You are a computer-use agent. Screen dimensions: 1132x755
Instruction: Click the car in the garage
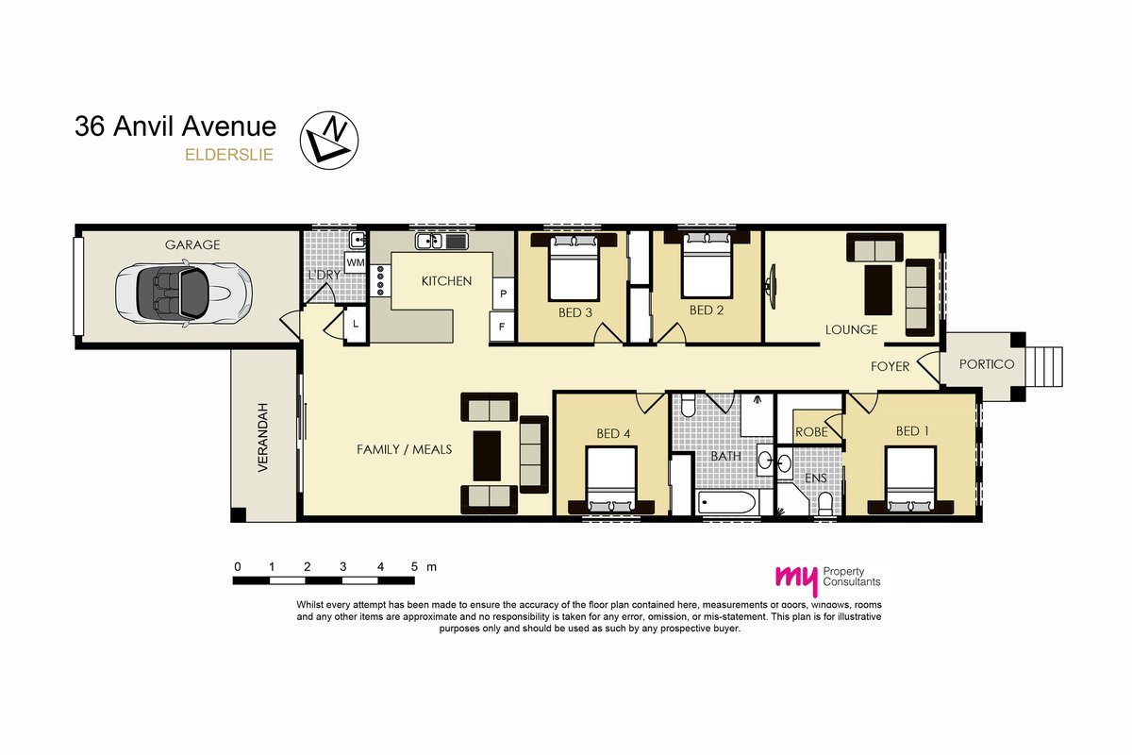point(183,294)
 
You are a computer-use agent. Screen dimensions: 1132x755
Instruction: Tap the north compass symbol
point(329,140)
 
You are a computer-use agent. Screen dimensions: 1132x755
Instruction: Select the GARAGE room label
point(192,244)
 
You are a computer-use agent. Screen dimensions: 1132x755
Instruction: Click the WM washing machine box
point(356,262)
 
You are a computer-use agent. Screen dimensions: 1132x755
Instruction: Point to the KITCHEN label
point(447,280)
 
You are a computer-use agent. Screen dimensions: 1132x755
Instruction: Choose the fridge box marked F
point(502,327)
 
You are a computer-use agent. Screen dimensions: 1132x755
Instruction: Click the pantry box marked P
point(504,294)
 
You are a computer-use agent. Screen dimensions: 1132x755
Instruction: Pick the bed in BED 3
point(574,266)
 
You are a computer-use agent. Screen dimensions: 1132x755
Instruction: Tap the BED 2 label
point(707,310)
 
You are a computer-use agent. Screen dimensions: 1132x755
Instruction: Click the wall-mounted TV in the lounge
point(771,286)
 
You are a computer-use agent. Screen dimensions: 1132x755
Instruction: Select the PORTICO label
point(987,364)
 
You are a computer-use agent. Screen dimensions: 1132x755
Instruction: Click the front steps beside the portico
point(1044,366)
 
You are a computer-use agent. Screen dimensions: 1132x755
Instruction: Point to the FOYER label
point(890,366)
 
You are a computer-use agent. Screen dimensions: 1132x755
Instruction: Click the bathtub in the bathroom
point(727,502)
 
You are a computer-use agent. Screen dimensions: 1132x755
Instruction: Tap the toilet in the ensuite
point(825,504)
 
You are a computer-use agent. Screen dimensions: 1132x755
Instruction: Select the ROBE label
point(811,432)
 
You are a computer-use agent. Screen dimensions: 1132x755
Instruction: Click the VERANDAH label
point(262,437)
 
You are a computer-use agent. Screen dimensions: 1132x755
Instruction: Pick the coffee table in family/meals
point(487,456)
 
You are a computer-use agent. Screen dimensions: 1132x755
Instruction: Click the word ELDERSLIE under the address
point(229,155)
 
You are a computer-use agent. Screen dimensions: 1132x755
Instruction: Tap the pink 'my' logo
point(797,579)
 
